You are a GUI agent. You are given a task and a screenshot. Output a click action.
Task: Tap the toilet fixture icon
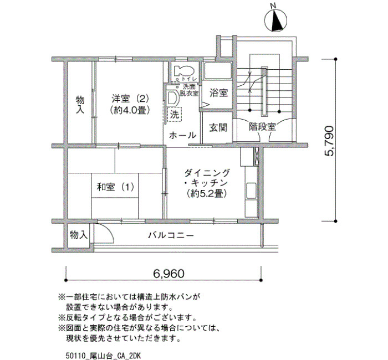pos(183,71)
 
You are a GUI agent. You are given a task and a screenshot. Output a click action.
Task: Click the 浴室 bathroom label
pos(218,93)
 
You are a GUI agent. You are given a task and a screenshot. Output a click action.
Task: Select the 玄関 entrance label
pos(218,127)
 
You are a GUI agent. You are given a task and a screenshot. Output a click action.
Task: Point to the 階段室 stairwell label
pos(262,127)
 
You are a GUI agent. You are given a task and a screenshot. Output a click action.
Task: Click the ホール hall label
pos(182,135)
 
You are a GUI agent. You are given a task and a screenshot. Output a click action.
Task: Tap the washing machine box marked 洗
pos(175,114)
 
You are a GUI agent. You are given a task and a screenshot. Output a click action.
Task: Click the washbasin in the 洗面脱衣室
pos(172,98)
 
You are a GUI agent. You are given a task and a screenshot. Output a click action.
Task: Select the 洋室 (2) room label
pos(130,99)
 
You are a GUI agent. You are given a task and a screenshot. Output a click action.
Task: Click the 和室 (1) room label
pos(115,187)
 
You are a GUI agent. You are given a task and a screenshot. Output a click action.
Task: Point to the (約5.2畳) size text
pos(207,193)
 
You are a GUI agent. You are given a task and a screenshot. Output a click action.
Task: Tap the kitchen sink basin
pos(251,191)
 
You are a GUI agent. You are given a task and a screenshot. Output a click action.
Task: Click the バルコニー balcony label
pos(171,235)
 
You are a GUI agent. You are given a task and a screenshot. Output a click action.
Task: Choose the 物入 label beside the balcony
pos(79,235)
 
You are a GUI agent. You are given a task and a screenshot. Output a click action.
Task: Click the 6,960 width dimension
pos(169,274)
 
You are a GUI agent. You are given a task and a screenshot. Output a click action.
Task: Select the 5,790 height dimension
pos(330,141)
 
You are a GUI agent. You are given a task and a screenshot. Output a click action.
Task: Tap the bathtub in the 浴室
pos(217,71)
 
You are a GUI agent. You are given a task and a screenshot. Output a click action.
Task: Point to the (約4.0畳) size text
pos(130,110)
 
